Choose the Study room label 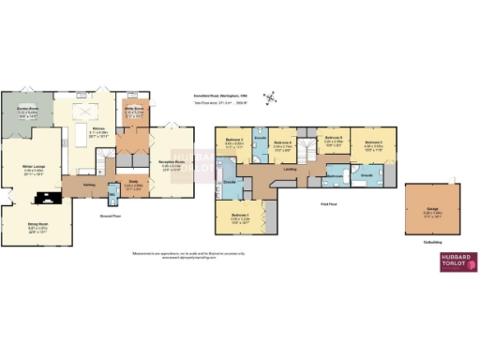click(133, 183)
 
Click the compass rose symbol click(272, 98)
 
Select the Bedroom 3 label click(234, 142)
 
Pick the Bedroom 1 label click(239, 219)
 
